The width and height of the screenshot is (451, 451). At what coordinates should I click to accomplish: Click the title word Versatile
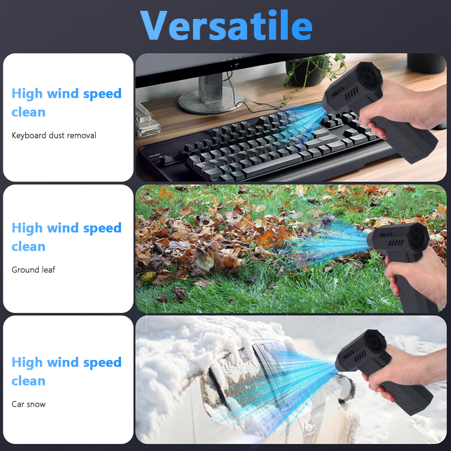click(226, 25)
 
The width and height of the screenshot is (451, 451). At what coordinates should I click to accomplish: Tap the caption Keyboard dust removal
click(54, 135)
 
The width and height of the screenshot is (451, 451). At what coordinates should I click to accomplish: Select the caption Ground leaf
click(33, 270)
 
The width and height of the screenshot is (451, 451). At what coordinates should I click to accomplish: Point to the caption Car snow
click(28, 404)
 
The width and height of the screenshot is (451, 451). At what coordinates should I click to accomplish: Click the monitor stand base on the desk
click(211, 101)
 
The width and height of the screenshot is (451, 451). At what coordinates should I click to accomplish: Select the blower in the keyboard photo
click(380, 112)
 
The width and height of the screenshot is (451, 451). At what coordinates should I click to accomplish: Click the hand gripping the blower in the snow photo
click(403, 371)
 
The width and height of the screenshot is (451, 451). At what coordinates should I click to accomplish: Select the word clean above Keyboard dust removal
click(28, 112)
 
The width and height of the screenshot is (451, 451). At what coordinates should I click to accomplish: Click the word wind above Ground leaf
click(63, 228)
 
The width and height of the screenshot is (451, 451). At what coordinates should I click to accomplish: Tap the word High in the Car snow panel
click(27, 363)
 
